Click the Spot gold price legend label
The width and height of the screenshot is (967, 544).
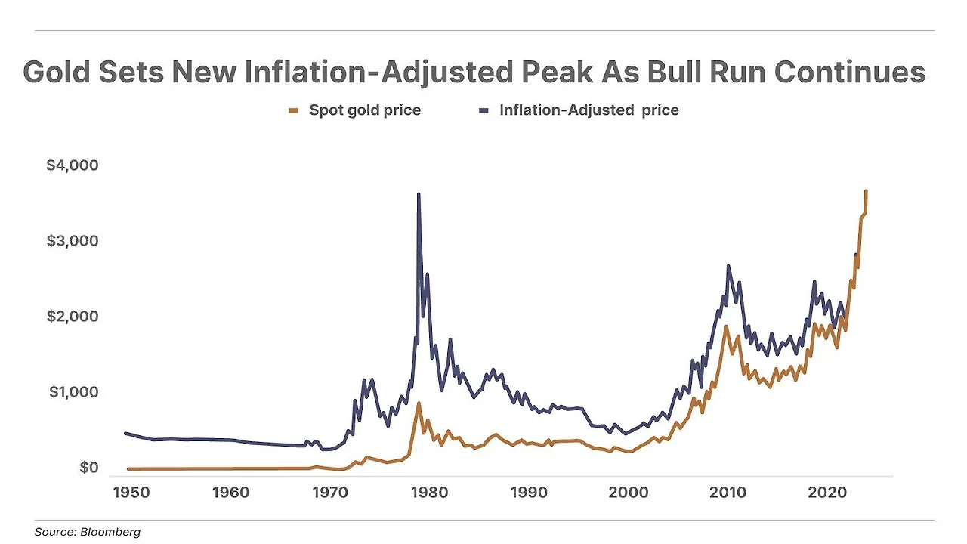pyautogui.click(x=365, y=110)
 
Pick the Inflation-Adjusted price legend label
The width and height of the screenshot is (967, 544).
pyautogui.click(x=589, y=110)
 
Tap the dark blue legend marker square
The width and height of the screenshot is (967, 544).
pyautogui.click(x=484, y=111)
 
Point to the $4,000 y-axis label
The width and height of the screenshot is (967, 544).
pyautogui.click(x=73, y=165)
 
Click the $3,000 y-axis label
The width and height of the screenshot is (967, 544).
pyautogui.click(x=73, y=241)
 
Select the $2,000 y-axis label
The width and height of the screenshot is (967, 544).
pyautogui.click(x=73, y=317)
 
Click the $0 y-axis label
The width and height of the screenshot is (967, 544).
pyautogui.click(x=88, y=468)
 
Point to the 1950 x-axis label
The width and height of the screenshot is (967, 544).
pyautogui.click(x=128, y=493)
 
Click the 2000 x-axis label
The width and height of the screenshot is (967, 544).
pyautogui.click(x=627, y=493)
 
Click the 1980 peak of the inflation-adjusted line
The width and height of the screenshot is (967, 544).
pyautogui.click(x=419, y=195)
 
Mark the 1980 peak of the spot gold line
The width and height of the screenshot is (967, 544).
pyautogui.click(x=419, y=403)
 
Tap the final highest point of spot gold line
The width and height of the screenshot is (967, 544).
pyautogui.click(x=866, y=192)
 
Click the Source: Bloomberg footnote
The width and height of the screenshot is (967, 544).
pyautogui.click(x=88, y=532)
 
